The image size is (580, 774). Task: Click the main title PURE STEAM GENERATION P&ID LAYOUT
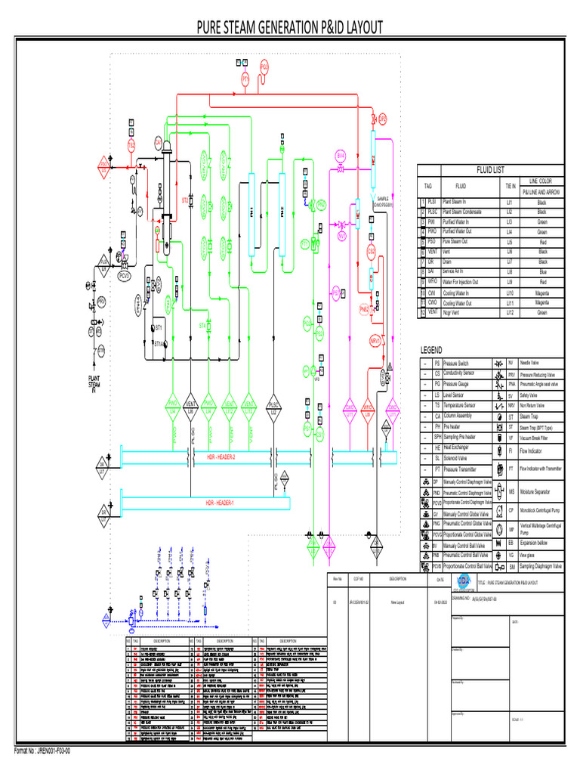pos(290,29)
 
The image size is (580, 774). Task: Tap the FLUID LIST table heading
pos(489,170)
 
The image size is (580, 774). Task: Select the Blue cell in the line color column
pos(541,271)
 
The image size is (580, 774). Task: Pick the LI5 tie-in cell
pos(510,242)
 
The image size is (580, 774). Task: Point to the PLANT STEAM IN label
pos(94,384)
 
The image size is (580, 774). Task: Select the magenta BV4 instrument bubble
pos(341,155)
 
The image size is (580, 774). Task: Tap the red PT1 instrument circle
pos(245,79)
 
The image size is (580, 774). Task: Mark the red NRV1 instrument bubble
pos(374,341)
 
